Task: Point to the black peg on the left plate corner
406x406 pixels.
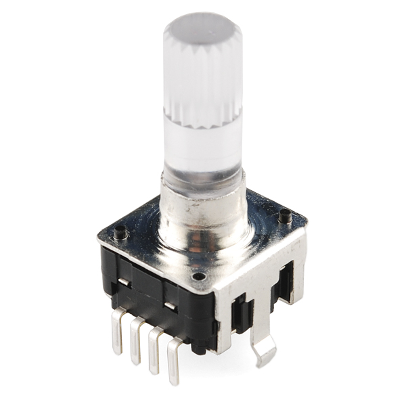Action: [120, 233]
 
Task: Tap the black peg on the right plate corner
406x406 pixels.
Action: [285, 217]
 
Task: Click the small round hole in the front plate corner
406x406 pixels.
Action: [198, 276]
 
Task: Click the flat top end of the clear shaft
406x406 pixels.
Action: [202, 27]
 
